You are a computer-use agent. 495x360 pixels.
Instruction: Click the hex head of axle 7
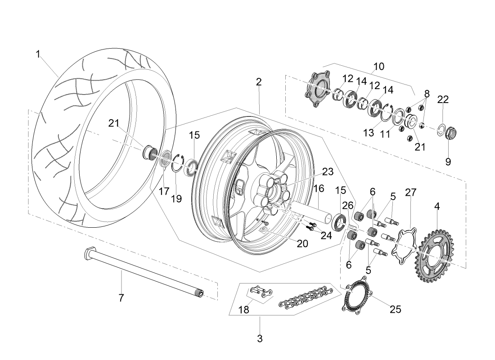click(x=88, y=254)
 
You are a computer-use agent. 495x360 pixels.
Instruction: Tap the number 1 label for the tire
click(x=38, y=54)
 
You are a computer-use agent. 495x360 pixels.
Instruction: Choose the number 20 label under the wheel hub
click(x=302, y=243)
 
